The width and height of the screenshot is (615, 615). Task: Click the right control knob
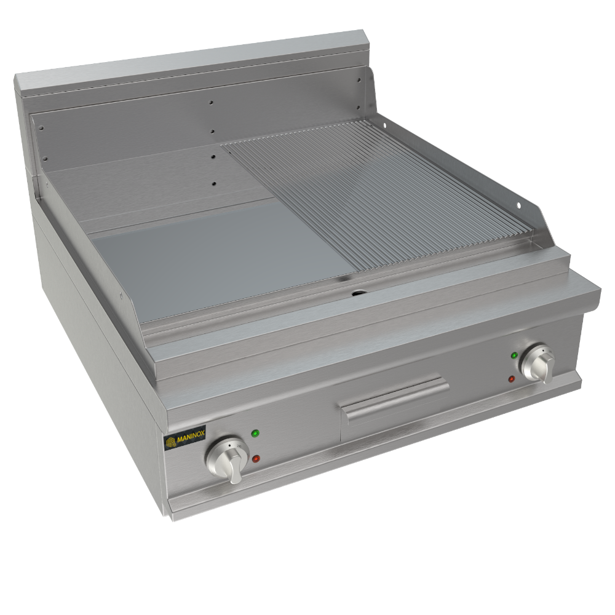coord(537,363)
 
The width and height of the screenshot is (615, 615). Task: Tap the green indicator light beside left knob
coord(255,434)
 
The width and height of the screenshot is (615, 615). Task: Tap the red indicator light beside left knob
coord(256,459)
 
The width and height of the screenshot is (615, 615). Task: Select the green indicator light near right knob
coord(514,355)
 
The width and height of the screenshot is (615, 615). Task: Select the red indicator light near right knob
coord(511,379)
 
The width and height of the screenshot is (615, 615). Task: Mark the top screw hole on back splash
coord(212,103)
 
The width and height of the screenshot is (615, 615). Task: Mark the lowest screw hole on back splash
coord(215,183)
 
